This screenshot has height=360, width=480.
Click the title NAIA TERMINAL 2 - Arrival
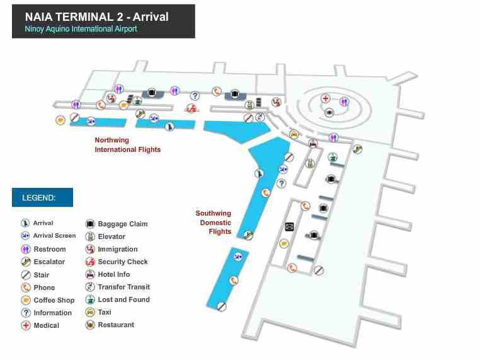(96, 16)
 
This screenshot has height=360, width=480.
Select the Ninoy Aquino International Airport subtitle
(81, 29)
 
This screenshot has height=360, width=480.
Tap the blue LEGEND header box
(42, 197)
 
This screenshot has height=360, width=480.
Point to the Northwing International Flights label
(127, 145)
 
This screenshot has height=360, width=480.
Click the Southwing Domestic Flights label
(214, 223)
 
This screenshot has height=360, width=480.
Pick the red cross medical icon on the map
(325, 98)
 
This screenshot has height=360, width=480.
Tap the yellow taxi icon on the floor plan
(294, 134)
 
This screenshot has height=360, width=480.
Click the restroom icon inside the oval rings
(344, 102)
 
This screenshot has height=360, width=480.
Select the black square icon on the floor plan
(290, 227)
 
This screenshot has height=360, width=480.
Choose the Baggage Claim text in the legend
(123, 224)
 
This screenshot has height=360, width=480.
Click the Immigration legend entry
(118, 249)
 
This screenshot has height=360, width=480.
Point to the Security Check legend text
(123, 262)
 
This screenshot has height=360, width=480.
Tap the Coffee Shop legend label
(54, 300)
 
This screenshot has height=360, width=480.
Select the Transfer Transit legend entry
(124, 287)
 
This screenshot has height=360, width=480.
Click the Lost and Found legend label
(124, 299)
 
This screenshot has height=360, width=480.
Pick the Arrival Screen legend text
(54, 236)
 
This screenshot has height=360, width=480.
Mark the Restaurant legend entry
(116, 325)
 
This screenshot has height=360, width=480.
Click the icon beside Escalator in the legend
(26, 262)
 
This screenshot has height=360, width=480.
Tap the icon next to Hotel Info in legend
(90, 274)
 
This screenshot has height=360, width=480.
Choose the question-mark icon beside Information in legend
(26, 313)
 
